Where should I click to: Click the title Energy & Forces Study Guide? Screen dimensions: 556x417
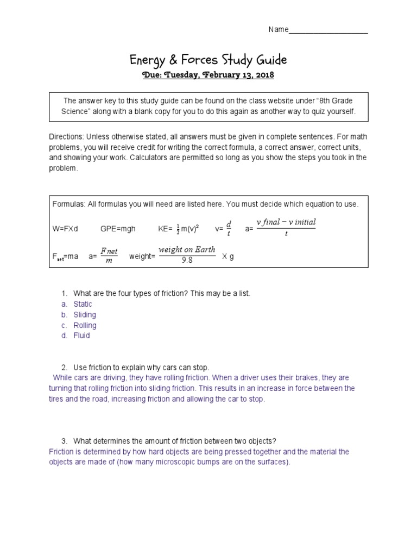[x=208, y=59]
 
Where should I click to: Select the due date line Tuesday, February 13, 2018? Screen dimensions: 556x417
[x=208, y=75]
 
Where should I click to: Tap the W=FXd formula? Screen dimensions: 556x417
[x=65, y=229]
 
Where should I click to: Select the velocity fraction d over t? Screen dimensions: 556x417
[x=229, y=229]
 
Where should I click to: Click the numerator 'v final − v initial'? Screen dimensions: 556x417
[x=286, y=222]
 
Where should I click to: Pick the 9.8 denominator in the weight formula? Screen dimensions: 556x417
[x=187, y=260]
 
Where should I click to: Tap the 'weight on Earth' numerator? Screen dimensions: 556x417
[x=187, y=250]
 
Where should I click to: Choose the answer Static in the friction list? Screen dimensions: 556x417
[x=83, y=304]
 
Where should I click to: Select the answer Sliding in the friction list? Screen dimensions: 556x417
[x=85, y=314]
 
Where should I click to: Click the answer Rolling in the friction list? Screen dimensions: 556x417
[x=85, y=325]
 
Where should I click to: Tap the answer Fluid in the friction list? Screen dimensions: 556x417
[x=81, y=336]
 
